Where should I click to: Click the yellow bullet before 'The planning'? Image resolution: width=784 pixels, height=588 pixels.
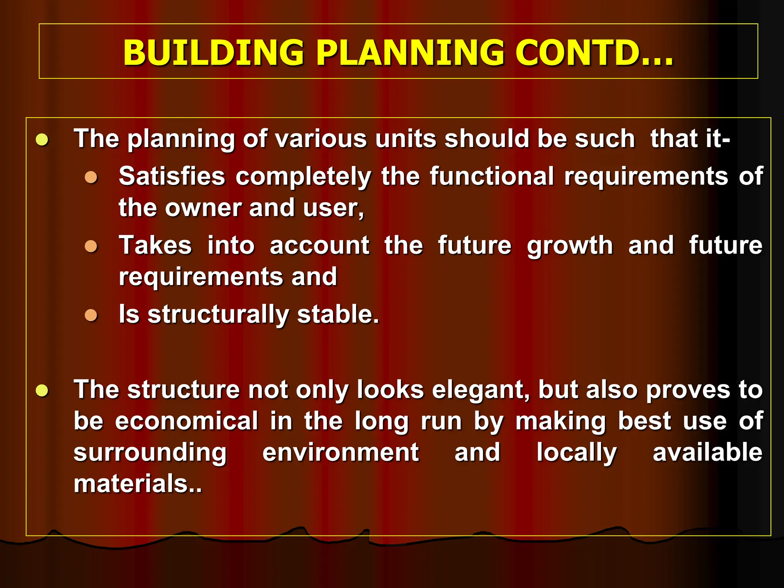(x=42, y=139)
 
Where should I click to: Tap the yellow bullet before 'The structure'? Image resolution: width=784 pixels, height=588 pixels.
(x=42, y=390)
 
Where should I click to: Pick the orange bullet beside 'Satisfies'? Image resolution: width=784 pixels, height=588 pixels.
(x=91, y=177)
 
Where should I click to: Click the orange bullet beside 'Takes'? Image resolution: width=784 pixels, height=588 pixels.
(x=91, y=246)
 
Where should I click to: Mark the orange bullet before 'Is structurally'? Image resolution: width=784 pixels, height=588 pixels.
(x=91, y=315)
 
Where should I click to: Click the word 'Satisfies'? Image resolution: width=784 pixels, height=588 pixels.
(x=172, y=176)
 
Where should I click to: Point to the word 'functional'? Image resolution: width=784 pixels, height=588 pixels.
(x=492, y=176)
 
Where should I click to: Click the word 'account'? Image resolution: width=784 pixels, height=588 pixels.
(x=320, y=245)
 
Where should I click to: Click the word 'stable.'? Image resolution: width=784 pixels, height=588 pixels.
(x=338, y=314)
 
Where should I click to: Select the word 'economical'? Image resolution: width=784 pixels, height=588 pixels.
(x=187, y=421)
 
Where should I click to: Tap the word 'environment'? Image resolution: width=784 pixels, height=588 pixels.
(x=341, y=452)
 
